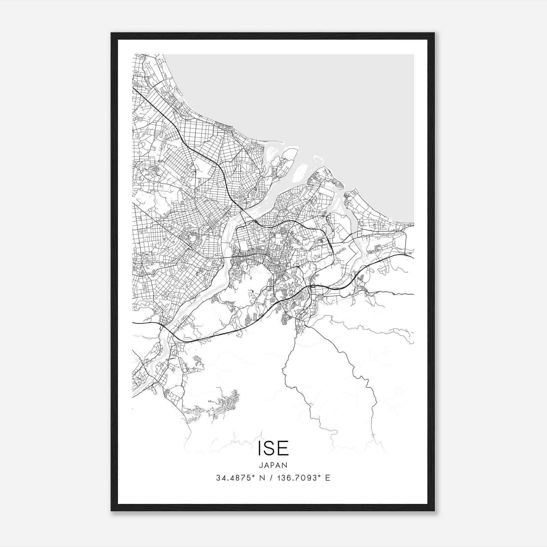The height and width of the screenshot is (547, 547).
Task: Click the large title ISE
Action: pyautogui.click(x=273, y=449)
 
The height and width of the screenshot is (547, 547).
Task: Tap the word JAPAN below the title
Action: pyautogui.click(x=273, y=465)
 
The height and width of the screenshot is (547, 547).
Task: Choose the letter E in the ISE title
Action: pyautogui.click(x=284, y=449)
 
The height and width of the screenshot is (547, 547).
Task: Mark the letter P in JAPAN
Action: pyautogui.click(x=273, y=465)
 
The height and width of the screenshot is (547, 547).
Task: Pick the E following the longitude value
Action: pyautogui.click(x=328, y=478)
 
